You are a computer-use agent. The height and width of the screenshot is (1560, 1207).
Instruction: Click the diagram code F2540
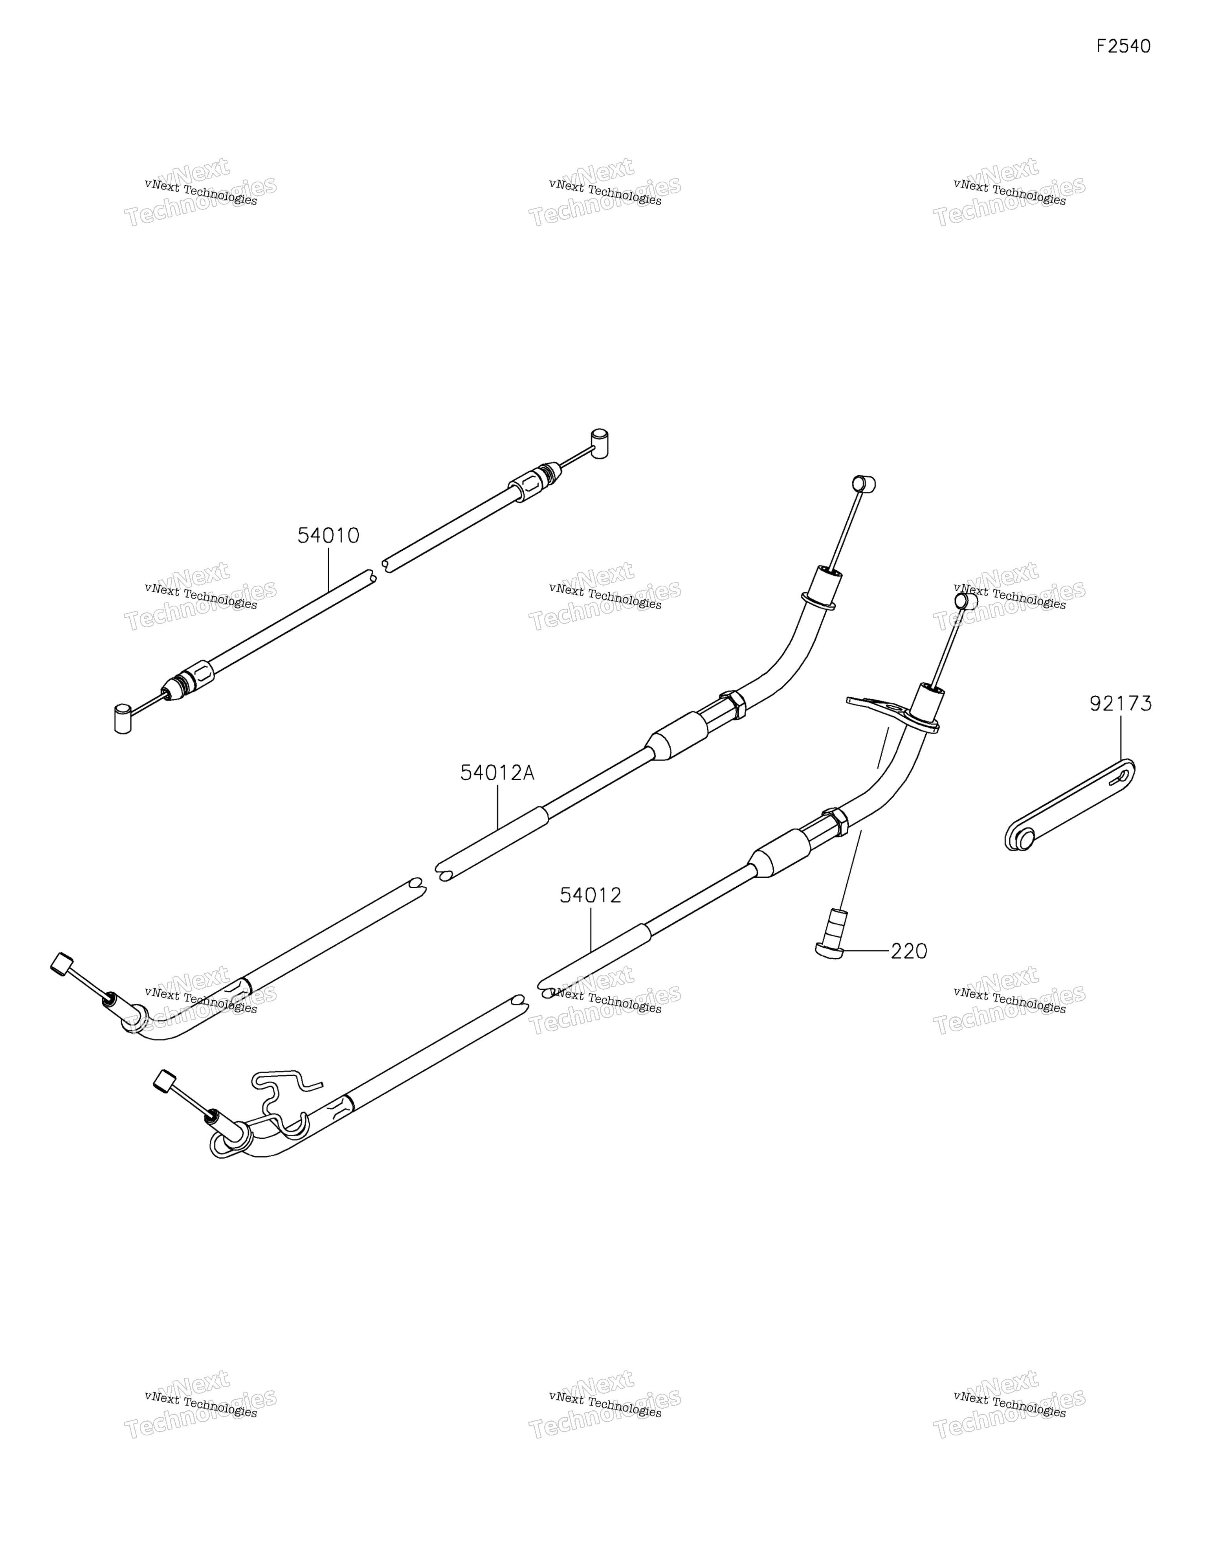coord(1123,46)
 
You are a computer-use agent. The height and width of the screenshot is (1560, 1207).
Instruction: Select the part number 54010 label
coord(328,536)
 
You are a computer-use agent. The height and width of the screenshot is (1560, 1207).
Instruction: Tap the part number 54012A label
coord(497,773)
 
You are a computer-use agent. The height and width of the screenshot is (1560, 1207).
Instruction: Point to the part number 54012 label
coord(591,895)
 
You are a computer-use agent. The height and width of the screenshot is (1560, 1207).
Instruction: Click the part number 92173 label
coord(1121,704)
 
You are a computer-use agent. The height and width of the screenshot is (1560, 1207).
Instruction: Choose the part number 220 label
coord(909,952)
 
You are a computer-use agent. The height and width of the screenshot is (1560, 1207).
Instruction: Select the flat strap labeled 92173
coord(1070,805)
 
